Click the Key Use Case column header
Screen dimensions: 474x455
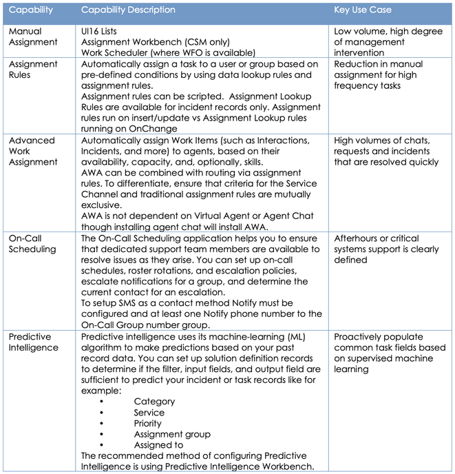tap(362, 10)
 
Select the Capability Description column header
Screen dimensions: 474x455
tap(128, 10)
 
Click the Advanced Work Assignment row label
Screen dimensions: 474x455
tap(32, 152)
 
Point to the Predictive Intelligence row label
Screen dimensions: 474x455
tap(33, 342)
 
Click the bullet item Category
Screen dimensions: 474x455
tap(154, 401)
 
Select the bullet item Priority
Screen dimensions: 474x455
tap(148, 423)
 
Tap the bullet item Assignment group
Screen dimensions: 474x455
tap(172, 434)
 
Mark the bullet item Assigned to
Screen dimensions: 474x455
tap(158, 445)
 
